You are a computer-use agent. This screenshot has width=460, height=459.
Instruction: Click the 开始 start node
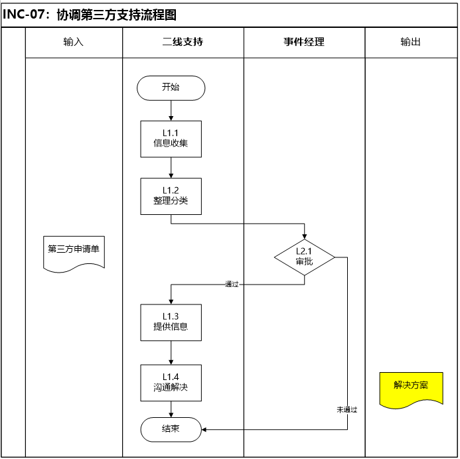tap(171, 88)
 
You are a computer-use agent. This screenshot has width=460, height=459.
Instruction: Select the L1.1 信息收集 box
tap(171, 138)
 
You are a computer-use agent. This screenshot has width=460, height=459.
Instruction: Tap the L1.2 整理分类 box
tap(171, 196)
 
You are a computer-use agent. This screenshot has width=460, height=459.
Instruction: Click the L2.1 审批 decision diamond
tap(305, 257)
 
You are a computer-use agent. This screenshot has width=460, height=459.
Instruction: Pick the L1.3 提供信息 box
tap(171, 322)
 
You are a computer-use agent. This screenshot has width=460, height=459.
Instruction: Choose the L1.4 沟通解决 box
tap(171, 383)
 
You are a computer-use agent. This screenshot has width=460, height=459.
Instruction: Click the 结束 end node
tap(171, 429)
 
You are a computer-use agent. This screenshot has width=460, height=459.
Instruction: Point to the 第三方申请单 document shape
tap(74, 251)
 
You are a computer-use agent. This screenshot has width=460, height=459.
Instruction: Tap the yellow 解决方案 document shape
tap(411, 387)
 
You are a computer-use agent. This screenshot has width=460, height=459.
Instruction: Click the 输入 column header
tap(74, 42)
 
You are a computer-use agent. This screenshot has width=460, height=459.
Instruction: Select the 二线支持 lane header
tap(183, 42)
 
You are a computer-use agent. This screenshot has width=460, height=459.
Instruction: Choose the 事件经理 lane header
tap(304, 42)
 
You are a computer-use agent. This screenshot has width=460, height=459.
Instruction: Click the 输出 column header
tap(411, 42)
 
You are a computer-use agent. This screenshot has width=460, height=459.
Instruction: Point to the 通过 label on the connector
tap(232, 284)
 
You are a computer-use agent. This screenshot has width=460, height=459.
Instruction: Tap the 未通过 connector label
tap(346, 409)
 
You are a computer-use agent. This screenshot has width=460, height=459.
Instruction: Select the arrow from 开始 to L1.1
tap(171, 110)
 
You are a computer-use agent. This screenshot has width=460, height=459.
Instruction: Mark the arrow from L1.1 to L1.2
tap(171, 167)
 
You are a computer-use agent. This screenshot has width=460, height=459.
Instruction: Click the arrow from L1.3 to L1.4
tap(171, 352)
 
